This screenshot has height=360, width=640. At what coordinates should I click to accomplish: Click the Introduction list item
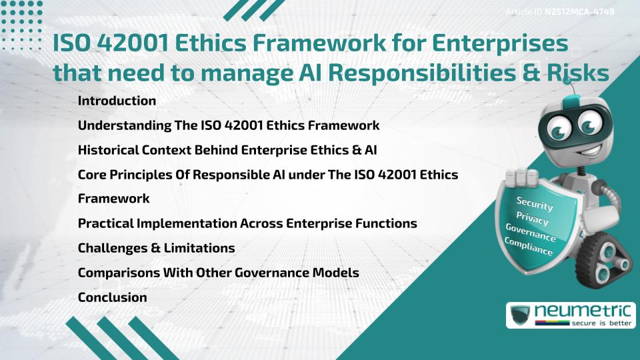pos(117,101)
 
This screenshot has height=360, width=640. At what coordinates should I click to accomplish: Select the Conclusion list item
pos(112,297)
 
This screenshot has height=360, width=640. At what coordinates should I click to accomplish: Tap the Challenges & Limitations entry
pos(156,248)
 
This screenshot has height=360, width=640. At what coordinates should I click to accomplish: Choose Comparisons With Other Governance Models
pos(218,273)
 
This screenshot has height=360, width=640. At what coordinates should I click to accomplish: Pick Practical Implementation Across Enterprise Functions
pos(247,223)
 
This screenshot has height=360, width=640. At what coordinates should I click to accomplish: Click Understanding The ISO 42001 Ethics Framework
pos(229,125)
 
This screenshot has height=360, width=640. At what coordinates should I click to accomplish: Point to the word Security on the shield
pos(535,204)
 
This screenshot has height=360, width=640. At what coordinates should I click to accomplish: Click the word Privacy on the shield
pos(533,219)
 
